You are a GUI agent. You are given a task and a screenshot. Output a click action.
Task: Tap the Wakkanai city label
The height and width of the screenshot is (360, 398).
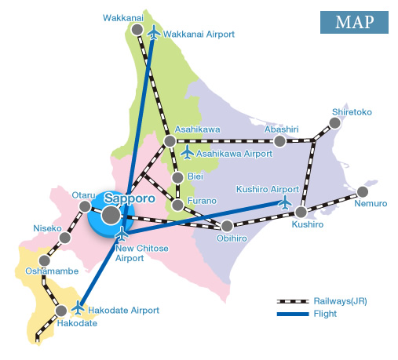click(x=122, y=16)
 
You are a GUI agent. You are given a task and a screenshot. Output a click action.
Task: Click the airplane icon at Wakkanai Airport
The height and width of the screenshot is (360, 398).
click(x=153, y=33)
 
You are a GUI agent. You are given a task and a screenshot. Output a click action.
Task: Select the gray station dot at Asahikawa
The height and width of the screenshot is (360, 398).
click(x=170, y=141)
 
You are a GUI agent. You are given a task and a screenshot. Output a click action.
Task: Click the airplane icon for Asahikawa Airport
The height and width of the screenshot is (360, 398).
click(x=187, y=151)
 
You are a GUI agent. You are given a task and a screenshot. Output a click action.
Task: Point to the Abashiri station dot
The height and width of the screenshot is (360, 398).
click(x=279, y=141)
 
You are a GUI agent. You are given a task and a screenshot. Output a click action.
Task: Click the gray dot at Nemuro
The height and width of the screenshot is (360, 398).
click(x=362, y=191)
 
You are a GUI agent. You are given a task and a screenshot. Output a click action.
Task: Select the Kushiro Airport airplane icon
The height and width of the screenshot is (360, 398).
click(x=285, y=202)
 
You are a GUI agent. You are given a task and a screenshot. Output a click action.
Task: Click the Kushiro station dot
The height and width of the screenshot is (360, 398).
click(x=301, y=212)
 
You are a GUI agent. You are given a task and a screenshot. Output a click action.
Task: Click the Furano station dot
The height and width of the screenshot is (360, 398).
click(x=178, y=205)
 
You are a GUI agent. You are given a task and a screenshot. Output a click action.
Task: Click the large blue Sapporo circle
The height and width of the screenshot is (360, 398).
click(x=110, y=215)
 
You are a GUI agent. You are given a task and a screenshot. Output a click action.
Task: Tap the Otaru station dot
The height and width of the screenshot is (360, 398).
click(x=86, y=206)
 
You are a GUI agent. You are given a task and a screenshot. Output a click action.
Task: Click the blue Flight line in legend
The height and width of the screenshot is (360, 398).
click(x=292, y=315)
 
